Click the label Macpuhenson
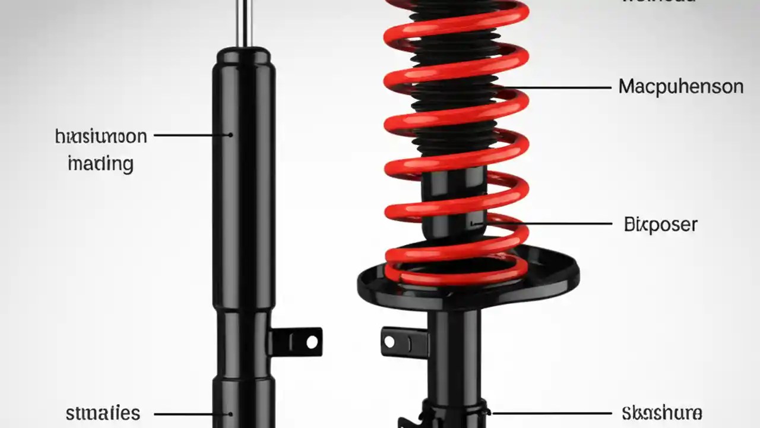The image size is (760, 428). (x=680, y=87)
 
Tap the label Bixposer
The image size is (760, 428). (x=660, y=225)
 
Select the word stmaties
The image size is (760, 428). (x=103, y=413)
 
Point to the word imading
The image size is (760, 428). (x=100, y=163)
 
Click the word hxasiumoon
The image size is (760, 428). (x=100, y=137)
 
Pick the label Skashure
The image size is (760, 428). (x=662, y=413)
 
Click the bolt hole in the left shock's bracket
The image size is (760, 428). (x=312, y=342)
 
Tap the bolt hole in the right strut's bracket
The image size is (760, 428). (x=389, y=341)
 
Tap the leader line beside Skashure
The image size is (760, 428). (x=552, y=413)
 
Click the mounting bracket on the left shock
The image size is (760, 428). (x=297, y=342)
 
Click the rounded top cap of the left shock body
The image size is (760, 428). (x=243, y=56)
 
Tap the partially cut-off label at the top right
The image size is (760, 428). (x=659, y=2)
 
